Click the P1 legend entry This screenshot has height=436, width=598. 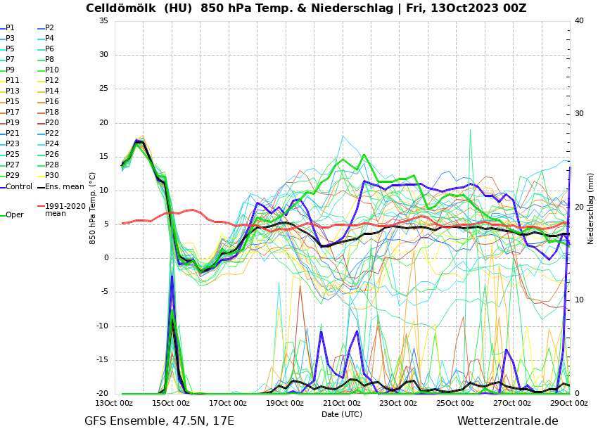pos(10,28)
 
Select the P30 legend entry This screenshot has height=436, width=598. pos(52,176)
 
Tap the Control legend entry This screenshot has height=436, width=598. pos(19,187)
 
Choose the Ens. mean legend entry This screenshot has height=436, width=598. pos(64,187)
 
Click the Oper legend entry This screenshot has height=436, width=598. pos(14,214)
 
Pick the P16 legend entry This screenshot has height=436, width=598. pos(52,102)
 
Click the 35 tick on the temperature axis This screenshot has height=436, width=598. pos(103,21)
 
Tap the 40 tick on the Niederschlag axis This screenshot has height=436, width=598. pos(579,21)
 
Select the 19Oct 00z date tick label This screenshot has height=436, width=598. pos(285,404)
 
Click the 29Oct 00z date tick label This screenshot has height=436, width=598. pos(569,404)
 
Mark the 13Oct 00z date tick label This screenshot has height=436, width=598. pos(115,404)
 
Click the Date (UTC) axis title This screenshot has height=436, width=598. pos(342,414)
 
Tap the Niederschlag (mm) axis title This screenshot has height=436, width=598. pos(590,208)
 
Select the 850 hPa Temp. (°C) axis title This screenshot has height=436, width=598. pos(92,208)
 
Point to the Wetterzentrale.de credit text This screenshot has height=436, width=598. pos(507,421)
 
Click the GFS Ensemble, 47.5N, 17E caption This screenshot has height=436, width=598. pos(159,421)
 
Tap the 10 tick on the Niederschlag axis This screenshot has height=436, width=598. pos(579,300)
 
